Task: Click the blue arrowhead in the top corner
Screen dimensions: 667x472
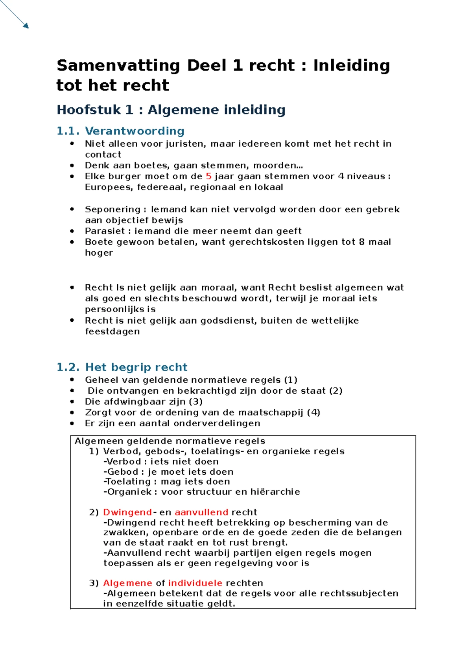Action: click(x=26, y=26)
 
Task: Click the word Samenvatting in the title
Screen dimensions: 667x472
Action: click(x=118, y=66)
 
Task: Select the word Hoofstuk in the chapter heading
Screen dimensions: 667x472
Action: click(x=89, y=110)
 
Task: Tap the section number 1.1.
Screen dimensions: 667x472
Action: click(x=68, y=131)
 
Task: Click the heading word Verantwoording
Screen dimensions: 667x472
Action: click(x=135, y=131)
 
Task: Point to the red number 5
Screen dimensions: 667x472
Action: click(x=208, y=177)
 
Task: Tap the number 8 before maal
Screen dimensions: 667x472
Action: click(x=361, y=242)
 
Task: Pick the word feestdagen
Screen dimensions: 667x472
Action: click(x=112, y=332)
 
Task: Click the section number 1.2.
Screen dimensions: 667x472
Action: click(x=68, y=367)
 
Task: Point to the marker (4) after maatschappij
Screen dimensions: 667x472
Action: click(x=313, y=413)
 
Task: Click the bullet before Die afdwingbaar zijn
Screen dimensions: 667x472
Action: click(x=72, y=402)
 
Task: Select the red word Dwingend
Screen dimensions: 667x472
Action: click(x=127, y=512)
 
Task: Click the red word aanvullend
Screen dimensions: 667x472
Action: click(x=201, y=512)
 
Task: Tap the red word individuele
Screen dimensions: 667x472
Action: click(x=195, y=583)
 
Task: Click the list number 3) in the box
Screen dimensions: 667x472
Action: click(x=94, y=583)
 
